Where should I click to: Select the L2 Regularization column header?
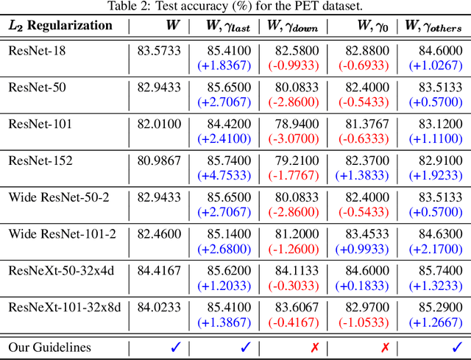pyautogui.click(x=60, y=26)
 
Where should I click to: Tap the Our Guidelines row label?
pyautogui.click(x=49, y=346)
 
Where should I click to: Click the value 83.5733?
pyautogui.click(x=158, y=51)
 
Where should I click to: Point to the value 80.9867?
pyautogui.click(x=158, y=160)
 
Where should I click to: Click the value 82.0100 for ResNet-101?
pyautogui.click(x=158, y=124)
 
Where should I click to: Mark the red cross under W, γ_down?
pyautogui.click(x=294, y=346)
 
